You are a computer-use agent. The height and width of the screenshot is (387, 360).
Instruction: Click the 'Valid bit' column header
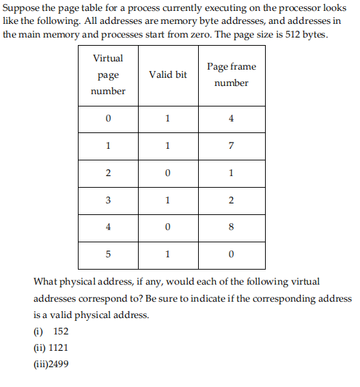(x=167, y=74)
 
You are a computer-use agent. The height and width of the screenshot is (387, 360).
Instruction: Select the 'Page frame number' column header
(x=231, y=74)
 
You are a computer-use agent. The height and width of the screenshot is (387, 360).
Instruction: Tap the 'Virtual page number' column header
(x=108, y=74)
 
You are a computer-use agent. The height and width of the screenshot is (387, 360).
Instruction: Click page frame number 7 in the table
(x=231, y=145)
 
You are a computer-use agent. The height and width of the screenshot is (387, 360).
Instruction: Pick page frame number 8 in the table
(x=231, y=227)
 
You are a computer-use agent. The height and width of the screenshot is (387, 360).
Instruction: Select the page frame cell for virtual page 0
(x=231, y=118)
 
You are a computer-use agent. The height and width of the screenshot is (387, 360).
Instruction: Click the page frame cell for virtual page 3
(x=231, y=200)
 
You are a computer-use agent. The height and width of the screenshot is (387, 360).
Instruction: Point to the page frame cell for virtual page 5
(x=231, y=255)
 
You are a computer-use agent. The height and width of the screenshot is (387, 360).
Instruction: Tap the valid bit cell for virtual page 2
(x=167, y=173)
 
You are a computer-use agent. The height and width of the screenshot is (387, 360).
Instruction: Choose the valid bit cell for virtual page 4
(x=167, y=227)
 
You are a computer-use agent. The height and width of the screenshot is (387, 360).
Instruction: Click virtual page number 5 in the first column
(x=108, y=255)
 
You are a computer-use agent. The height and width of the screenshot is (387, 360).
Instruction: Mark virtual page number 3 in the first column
(x=108, y=200)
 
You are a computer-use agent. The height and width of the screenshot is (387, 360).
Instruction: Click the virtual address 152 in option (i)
(x=60, y=332)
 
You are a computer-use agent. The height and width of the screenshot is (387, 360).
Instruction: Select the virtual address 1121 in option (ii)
(x=58, y=347)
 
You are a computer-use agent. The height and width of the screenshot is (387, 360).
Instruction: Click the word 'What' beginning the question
(x=45, y=281)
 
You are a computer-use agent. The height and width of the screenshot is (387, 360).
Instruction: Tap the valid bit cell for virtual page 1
(x=167, y=145)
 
